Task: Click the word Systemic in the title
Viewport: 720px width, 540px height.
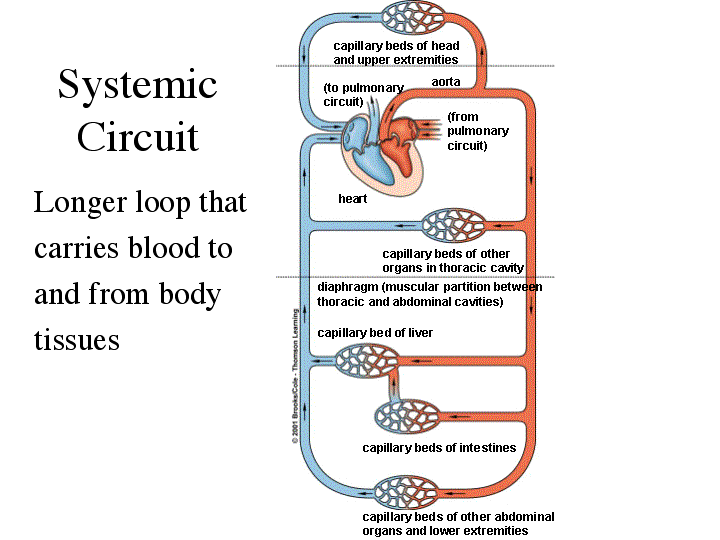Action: point(137,85)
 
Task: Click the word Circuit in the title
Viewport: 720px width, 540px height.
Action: point(137,136)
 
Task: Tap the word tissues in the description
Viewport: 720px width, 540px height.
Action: point(77,339)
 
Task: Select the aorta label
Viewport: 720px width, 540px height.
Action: point(446,82)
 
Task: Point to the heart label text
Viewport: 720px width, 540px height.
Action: point(353,199)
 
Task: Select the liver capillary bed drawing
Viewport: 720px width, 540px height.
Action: point(367,361)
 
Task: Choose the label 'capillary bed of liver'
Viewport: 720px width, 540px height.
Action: point(375,333)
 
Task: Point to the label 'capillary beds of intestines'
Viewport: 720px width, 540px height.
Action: point(439,448)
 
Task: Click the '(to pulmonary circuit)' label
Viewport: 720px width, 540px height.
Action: point(357,95)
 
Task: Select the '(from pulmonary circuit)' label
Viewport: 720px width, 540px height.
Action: point(478,131)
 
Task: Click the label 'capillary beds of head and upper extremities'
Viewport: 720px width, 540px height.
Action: point(396,53)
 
